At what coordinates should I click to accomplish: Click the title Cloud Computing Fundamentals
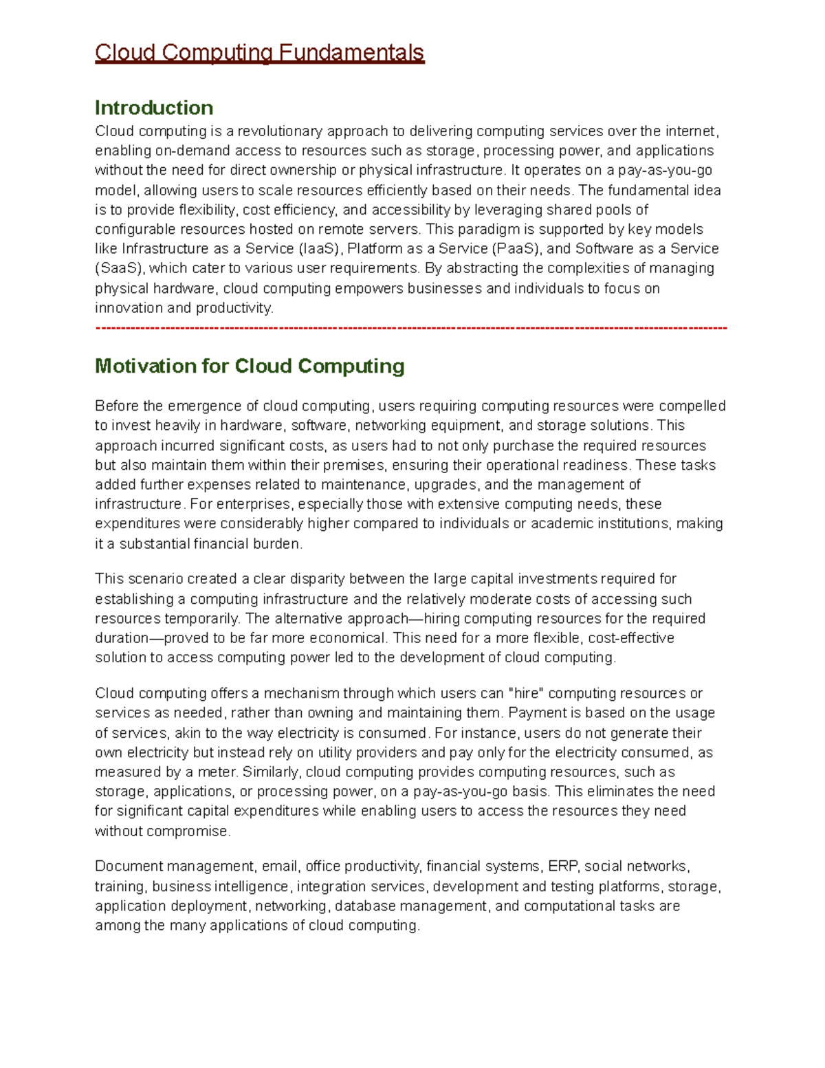[259, 53]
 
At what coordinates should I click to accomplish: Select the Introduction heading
[153, 108]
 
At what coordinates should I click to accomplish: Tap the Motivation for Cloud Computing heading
[249, 366]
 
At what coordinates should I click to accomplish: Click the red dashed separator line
[410, 328]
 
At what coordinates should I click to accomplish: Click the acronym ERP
[562, 867]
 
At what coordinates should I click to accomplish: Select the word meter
[216, 772]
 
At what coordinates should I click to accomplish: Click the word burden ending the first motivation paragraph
[279, 544]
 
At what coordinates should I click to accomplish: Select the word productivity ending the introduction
[234, 308]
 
